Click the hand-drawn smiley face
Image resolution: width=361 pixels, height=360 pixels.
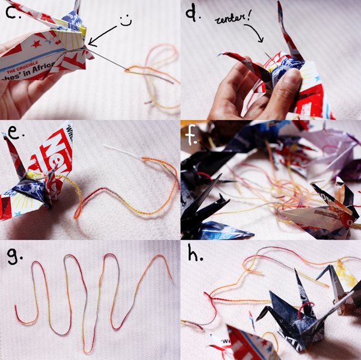pos(125,19)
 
